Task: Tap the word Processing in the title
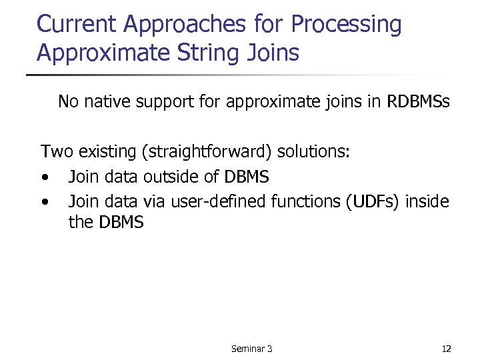(x=347, y=25)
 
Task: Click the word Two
(x=57, y=152)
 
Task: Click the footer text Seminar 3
(x=251, y=349)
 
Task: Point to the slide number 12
(x=446, y=349)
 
